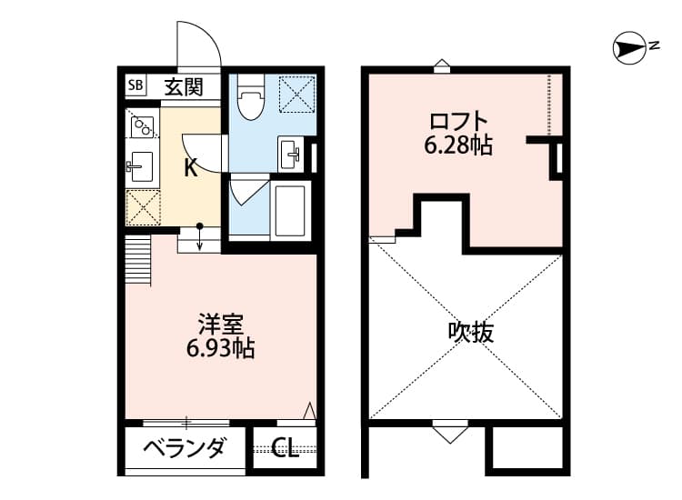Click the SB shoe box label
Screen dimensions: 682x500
135,85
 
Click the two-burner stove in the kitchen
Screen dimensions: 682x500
142,126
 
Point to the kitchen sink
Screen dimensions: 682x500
140,166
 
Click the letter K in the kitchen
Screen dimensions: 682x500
191,167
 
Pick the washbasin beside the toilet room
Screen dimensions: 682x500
289,154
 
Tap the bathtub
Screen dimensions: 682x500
290,211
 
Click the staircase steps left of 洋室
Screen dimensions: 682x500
138,260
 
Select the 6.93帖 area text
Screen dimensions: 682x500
221,347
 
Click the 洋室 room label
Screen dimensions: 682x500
221,325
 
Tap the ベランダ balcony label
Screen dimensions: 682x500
186,447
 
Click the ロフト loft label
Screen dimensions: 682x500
458,122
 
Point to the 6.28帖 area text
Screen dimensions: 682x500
458,145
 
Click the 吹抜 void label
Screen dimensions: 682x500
471,333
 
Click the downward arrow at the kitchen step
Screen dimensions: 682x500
200,237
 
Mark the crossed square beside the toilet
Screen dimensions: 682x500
296,94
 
